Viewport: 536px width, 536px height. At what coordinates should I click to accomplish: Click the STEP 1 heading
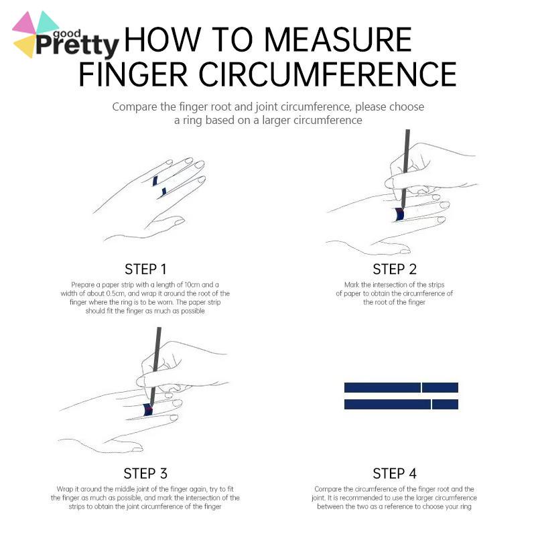(x=145, y=269)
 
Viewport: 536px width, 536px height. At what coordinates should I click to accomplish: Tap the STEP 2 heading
(x=395, y=269)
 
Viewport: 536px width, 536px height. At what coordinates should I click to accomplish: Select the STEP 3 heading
(x=145, y=474)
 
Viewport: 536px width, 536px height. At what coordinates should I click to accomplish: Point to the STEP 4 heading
(x=395, y=474)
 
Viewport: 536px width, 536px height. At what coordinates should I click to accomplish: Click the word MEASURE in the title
(x=338, y=40)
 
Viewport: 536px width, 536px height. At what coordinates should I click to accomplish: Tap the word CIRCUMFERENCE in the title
(x=328, y=74)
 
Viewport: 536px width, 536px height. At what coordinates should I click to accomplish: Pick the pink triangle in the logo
(x=25, y=23)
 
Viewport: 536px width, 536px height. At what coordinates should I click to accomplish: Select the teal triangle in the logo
(x=46, y=22)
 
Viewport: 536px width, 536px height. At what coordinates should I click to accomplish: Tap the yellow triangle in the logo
(x=25, y=46)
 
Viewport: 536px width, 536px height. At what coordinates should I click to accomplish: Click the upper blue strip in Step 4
(x=401, y=388)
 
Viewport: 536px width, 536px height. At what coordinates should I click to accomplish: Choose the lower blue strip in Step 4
(x=401, y=404)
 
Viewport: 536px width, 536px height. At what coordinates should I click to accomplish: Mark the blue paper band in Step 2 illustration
(x=399, y=214)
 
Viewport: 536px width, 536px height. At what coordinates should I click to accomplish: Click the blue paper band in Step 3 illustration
(x=147, y=410)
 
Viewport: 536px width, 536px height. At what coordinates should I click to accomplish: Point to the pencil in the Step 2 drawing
(x=405, y=170)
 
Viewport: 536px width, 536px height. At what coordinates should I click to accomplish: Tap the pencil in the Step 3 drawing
(x=155, y=366)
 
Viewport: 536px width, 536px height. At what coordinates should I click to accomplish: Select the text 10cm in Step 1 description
(x=192, y=285)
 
